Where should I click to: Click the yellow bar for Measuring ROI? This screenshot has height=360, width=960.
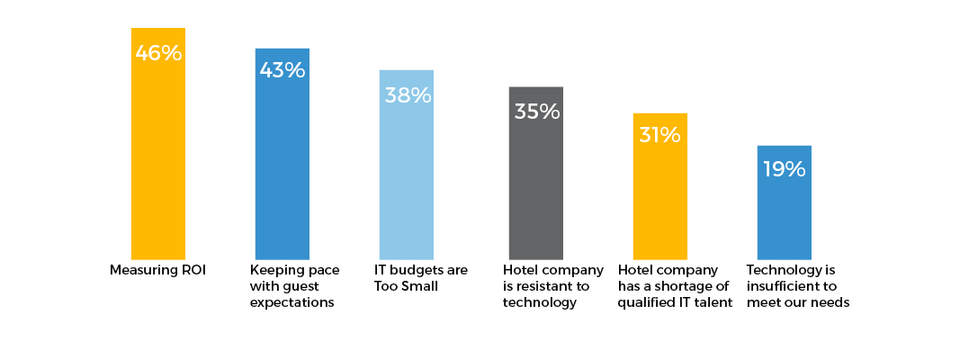[x=158, y=162]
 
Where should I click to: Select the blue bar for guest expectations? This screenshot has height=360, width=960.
[x=283, y=171]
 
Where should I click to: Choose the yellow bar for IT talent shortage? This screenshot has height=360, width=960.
[x=660, y=202]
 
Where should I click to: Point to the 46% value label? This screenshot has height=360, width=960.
[x=158, y=53]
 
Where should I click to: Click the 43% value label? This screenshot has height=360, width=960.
[x=283, y=70]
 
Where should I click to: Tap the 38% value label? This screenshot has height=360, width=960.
[x=408, y=94]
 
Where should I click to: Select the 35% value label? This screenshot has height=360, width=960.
[x=537, y=112]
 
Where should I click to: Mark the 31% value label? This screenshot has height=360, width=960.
[x=660, y=135]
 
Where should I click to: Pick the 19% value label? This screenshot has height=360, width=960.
[x=785, y=168]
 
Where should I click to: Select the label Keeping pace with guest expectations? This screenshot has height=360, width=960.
[x=292, y=286]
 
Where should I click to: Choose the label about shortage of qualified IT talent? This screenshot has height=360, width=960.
[x=668, y=286]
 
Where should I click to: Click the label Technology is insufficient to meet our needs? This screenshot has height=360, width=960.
[x=798, y=286]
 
